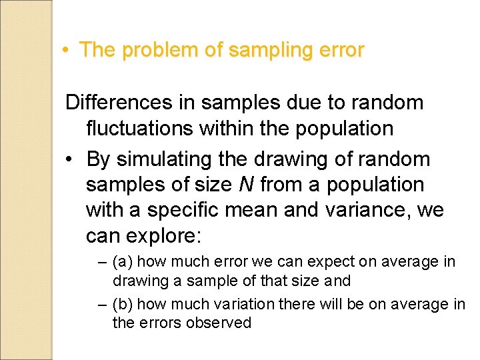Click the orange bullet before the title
point(67,51)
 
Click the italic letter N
point(246,185)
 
